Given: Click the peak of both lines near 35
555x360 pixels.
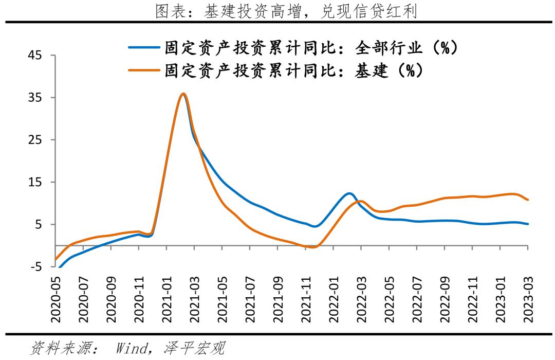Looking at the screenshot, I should pos(183,94).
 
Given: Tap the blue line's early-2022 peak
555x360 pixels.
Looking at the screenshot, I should pos(349,193).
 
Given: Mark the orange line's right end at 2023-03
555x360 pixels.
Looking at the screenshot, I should pos(528,200).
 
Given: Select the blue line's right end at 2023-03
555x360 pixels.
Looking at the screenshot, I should pos(528,224).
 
